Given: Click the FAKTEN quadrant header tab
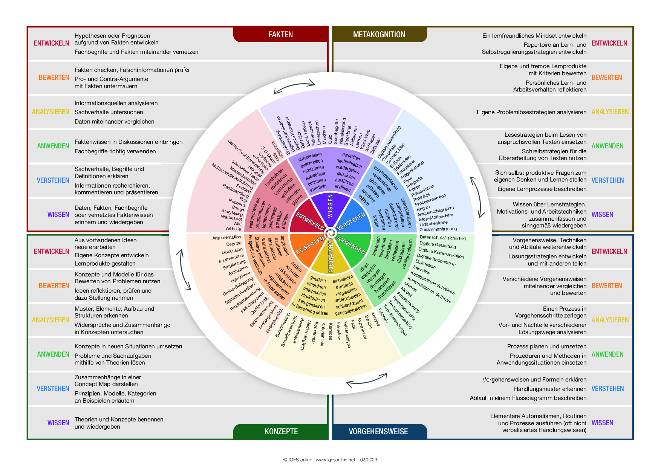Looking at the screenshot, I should click(x=281, y=35).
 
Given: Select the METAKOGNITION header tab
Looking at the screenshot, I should click(x=379, y=35).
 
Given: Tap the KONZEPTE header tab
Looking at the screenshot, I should click(x=281, y=432).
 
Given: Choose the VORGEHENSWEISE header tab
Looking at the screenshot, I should click(x=378, y=432).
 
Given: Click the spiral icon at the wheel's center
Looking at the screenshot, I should click(x=330, y=233).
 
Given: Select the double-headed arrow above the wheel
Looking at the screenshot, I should click(x=294, y=86).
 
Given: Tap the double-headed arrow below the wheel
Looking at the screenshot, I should click(x=367, y=380).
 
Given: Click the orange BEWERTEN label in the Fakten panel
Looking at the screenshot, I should click(x=54, y=78).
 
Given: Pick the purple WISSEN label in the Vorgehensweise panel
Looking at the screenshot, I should click(x=602, y=423).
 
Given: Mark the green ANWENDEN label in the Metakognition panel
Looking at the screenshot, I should click(x=607, y=146).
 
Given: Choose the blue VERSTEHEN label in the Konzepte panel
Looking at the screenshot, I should click(x=53, y=389).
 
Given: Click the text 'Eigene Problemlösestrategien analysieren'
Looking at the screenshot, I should click(x=531, y=112).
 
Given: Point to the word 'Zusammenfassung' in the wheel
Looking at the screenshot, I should click(x=438, y=229).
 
